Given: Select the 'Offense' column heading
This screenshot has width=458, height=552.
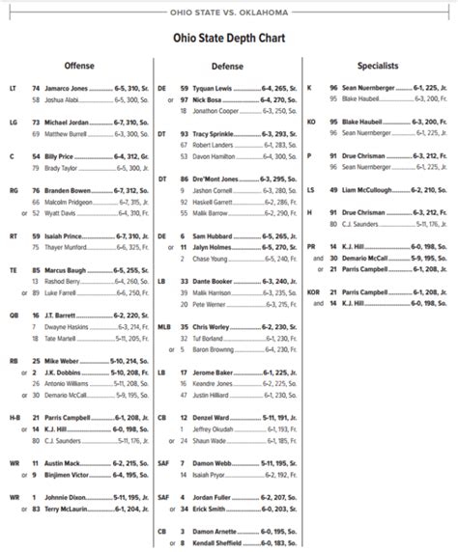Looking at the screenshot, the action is click(79, 66).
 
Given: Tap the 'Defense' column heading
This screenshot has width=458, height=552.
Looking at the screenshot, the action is click(227, 66).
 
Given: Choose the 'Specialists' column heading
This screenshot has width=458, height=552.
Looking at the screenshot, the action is click(378, 66).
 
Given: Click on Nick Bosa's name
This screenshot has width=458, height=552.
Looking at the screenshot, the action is click(205, 98).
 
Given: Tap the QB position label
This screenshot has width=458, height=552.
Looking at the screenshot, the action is click(13, 315).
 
